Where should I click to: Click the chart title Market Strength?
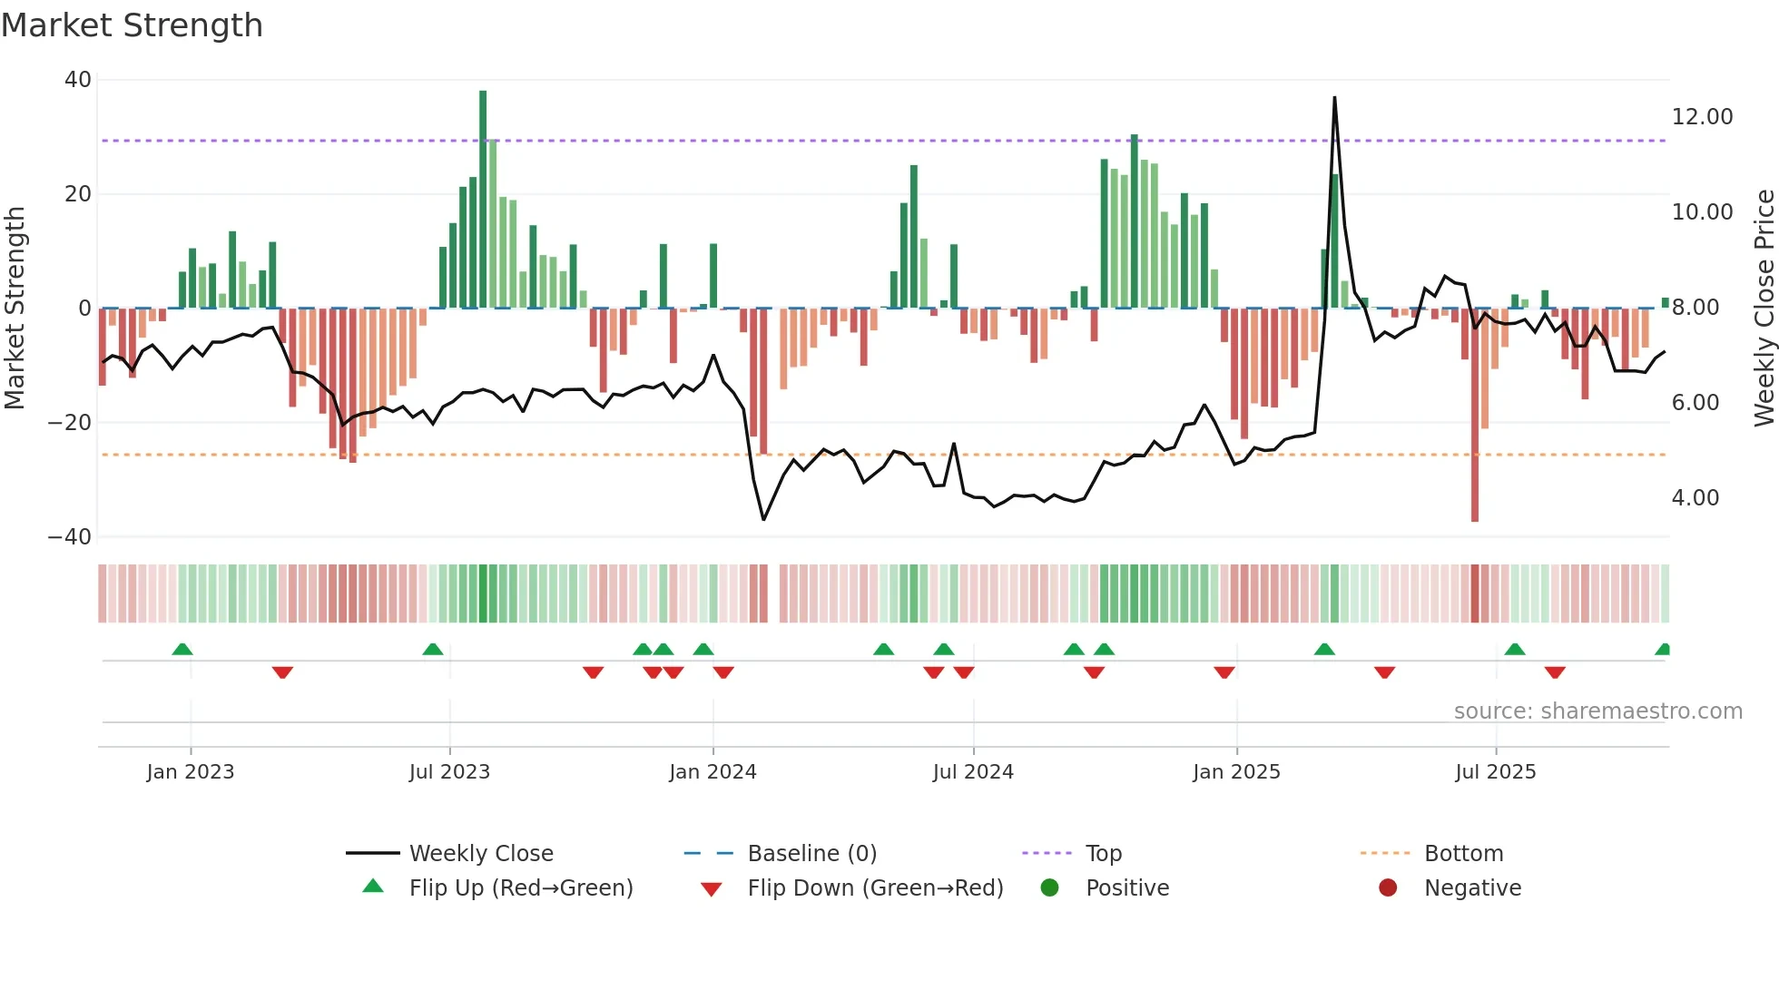(x=132, y=25)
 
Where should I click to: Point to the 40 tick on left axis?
(x=78, y=80)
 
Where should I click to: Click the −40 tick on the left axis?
(x=70, y=536)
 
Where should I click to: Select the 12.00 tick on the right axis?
(x=1702, y=117)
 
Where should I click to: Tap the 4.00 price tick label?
(x=1695, y=498)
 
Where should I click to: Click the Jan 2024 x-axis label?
(x=713, y=772)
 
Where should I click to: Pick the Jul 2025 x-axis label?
(x=1495, y=772)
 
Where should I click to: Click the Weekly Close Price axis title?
(x=1764, y=308)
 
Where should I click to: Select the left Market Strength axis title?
(x=15, y=308)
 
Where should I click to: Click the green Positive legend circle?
(x=1050, y=887)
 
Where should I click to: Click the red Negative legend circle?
(x=1388, y=887)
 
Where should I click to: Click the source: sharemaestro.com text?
(x=1597, y=711)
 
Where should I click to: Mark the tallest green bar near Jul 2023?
(x=483, y=200)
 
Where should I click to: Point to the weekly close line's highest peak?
(x=1334, y=98)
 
